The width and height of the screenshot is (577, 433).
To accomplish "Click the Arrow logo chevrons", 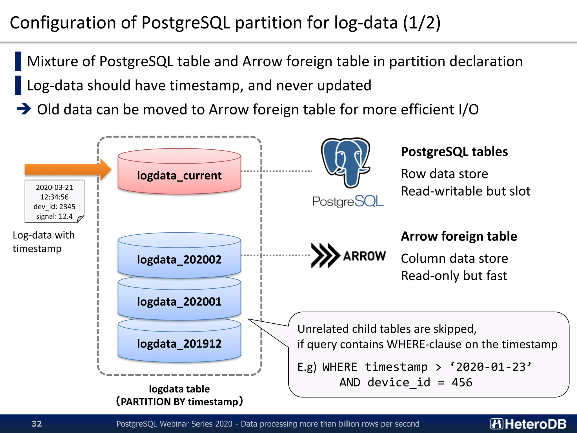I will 325,255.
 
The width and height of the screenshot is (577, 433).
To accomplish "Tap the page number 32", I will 37,424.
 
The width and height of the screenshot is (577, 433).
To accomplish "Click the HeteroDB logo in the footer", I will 528,424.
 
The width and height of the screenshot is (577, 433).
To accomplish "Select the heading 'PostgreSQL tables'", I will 454,152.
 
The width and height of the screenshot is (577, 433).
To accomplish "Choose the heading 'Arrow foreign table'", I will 459,236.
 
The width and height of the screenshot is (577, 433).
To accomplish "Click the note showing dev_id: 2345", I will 54,202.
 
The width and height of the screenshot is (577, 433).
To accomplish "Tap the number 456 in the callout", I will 462,383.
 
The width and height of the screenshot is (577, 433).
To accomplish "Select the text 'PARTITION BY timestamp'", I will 179,401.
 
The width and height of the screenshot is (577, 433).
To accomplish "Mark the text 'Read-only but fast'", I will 454,276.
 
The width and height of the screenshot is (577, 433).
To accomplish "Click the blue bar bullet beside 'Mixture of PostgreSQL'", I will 18,61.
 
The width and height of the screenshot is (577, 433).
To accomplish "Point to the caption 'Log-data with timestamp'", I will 44,242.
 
